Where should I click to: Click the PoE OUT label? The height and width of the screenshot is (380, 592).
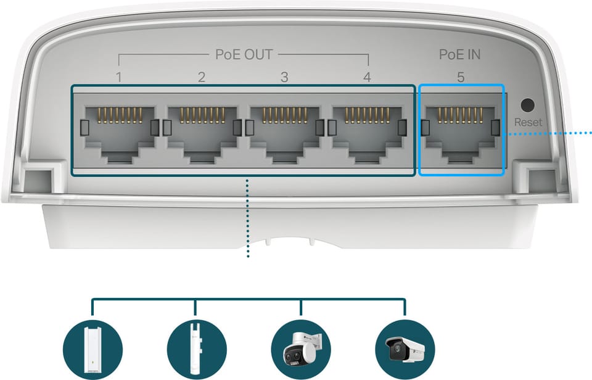pos(244,54)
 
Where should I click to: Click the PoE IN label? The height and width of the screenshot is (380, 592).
pos(459,54)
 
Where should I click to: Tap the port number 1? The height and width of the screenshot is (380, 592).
pos(119,78)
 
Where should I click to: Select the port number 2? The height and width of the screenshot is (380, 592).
pos(202,78)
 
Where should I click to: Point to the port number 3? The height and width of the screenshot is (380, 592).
pos(284,78)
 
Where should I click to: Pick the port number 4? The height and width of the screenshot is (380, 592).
pos(367,78)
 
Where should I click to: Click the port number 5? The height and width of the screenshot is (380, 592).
pos(461,78)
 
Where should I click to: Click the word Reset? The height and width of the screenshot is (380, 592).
pos(528,122)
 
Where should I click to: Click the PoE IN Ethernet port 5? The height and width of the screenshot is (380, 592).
pos(461,132)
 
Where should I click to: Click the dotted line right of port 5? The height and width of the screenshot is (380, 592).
pos(549,131)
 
